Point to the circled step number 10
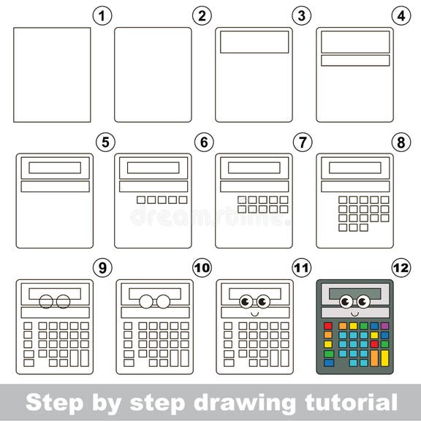(x=202, y=268)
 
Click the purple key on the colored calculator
(x=385, y=325)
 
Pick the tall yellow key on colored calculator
(x=385, y=357)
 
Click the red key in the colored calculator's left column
(x=327, y=325)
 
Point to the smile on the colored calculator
(x=354, y=312)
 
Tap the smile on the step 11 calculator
(x=254, y=312)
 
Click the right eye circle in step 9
(x=64, y=300)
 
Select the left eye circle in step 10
(x=146, y=300)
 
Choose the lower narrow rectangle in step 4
(x=354, y=61)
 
